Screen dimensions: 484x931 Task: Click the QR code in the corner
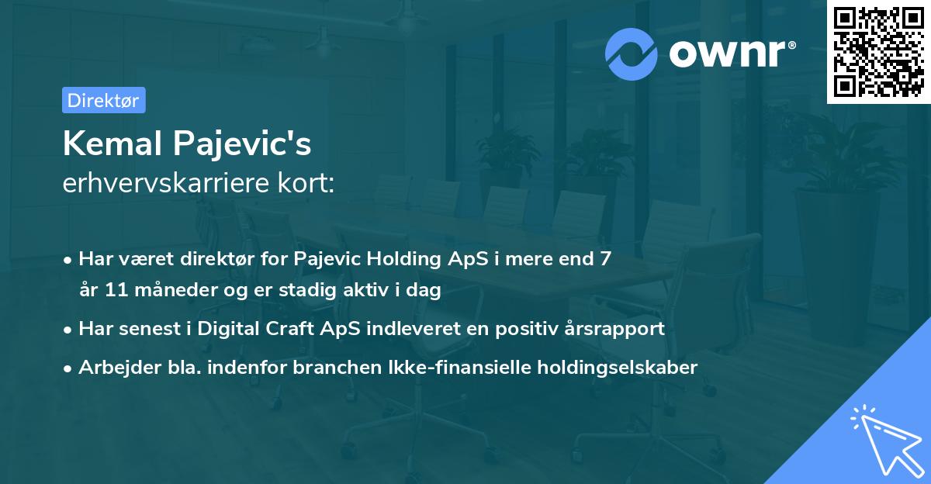[x=878, y=52]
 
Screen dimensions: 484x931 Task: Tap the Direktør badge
[x=103, y=100]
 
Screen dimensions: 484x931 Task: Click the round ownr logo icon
[x=631, y=54]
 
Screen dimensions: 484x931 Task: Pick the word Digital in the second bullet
[x=230, y=329]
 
